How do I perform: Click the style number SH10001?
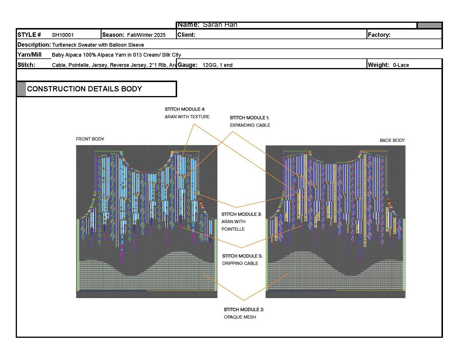click(63, 35)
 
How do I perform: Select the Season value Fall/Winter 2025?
click(146, 35)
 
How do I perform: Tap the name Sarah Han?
click(220, 25)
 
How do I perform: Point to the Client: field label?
click(186, 35)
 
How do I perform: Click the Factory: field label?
click(379, 35)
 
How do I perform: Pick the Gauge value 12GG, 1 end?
click(217, 65)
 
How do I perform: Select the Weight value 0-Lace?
click(401, 65)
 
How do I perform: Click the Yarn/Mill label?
click(29, 55)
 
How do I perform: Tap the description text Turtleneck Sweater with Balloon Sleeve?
click(98, 45)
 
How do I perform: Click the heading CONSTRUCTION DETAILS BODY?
click(84, 89)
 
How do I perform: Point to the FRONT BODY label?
click(90, 139)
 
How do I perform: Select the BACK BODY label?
click(392, 140)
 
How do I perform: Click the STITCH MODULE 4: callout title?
click(185, 109)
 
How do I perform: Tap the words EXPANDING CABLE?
click(250, 125)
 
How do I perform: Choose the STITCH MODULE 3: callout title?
click(241, 214)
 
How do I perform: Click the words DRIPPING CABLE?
click(240, 263)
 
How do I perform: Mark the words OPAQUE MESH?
click(240, 317)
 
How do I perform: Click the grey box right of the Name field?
click(429, 25)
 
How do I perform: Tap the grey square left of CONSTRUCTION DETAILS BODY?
click(21, 89)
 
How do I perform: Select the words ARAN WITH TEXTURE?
click(187, 117)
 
